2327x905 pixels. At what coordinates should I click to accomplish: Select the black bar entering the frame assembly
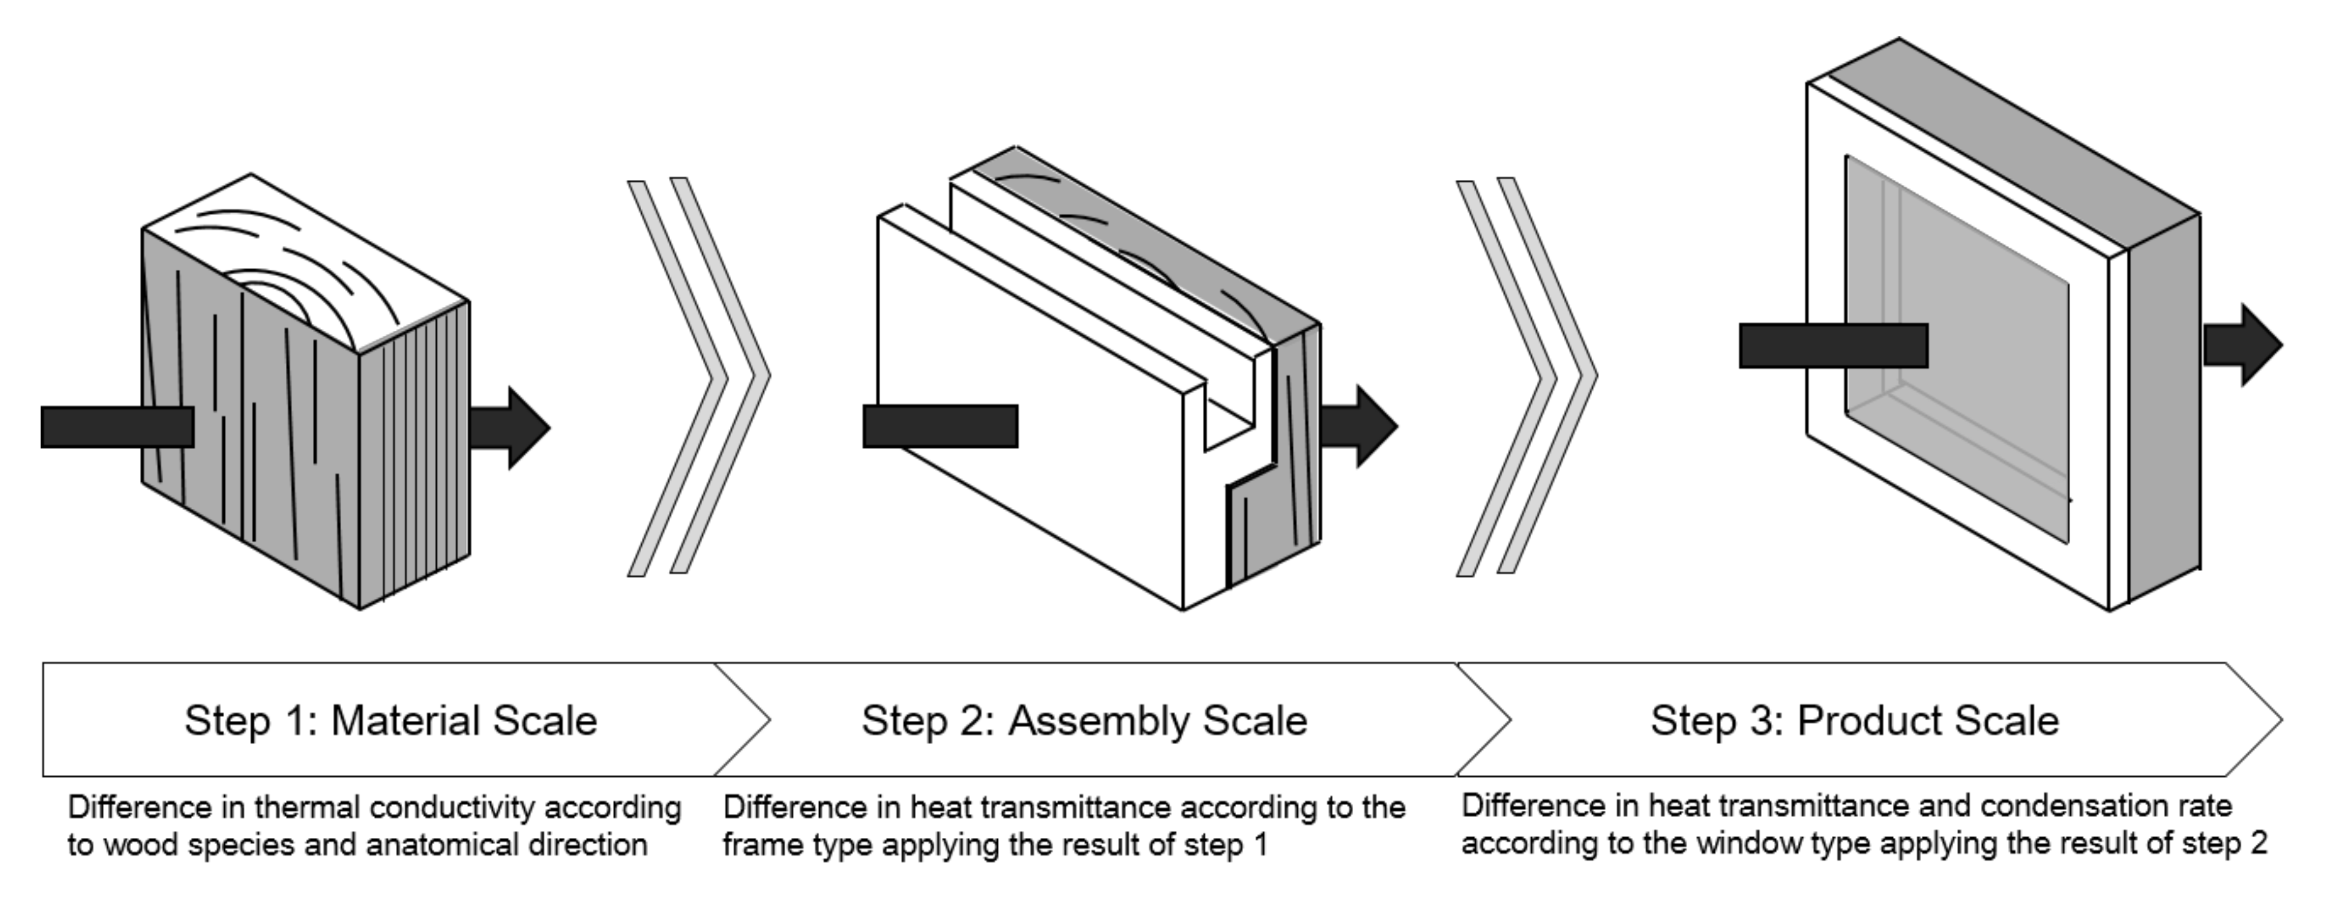[939, 426]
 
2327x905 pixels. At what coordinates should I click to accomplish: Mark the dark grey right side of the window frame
[2164, 407]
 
